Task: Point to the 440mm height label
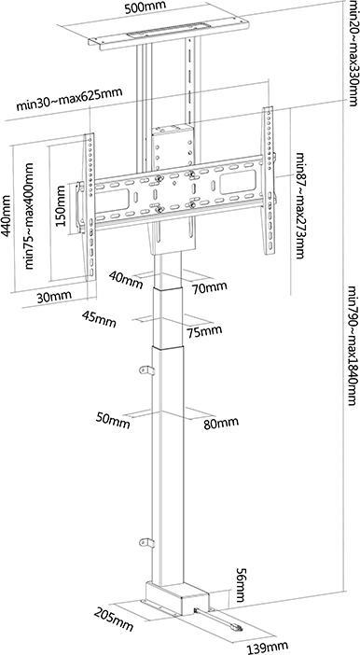point(9,219)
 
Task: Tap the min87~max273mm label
point(300,205)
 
